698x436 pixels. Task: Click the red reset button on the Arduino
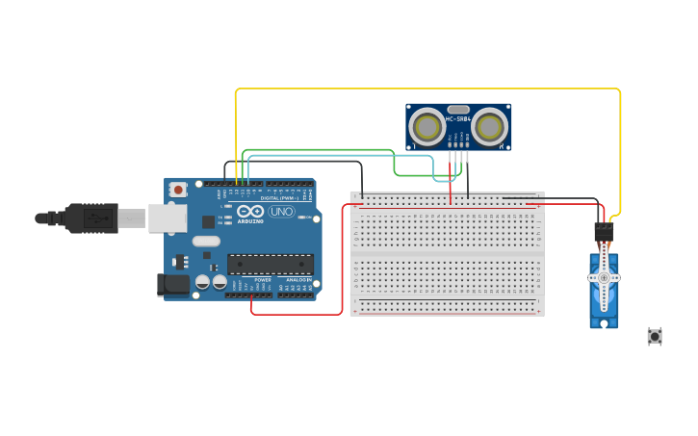tap(178, 191)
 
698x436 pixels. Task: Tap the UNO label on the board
tap(281, 212)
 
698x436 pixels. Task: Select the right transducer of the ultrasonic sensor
tap(490, 126)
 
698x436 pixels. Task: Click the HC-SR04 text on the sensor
tap(458, 118)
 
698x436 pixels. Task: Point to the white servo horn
tap(604, 278)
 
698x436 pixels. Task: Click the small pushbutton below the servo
tap(655, 336)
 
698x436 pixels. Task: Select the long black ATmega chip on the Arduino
tap(271, 264)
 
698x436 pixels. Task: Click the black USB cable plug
tap(91, 218)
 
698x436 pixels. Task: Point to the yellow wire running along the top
tap(424, 89)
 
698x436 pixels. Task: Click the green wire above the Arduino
tap(318, 150)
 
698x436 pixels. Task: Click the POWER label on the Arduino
tap(263, 279)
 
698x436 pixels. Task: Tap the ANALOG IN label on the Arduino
tap(297, 279)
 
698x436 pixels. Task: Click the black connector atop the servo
tap(604, 232)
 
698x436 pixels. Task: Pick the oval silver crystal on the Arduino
tap(210, 240)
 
